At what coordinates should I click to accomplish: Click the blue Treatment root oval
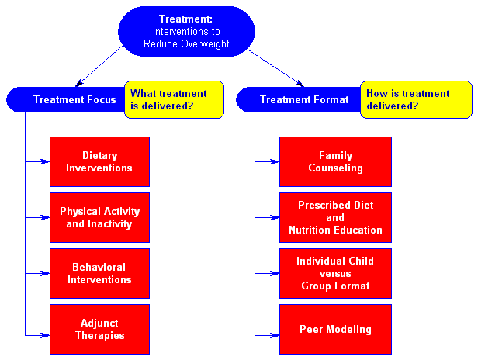coord(186,31)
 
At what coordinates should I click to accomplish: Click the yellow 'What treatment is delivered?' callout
coord(174,99)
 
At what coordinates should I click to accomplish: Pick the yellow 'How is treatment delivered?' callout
coord(416,99)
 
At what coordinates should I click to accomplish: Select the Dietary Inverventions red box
coord(99,161)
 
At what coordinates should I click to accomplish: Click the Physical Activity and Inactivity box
coord(99,218)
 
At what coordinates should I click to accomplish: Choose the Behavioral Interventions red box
coord(99,273)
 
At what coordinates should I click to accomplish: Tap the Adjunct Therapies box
coord(99,329)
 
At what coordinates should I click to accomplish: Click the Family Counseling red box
coord(335,161)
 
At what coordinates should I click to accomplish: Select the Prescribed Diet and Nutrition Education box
coord(335,218)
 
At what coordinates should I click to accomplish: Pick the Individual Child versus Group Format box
coord(335,273)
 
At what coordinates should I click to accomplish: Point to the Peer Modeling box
coord(335,329)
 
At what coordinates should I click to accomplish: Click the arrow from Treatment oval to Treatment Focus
coord(99,66)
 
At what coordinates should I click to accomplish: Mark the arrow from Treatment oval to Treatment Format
coord(276,68)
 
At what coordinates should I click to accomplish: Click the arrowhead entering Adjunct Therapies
coord(46,335)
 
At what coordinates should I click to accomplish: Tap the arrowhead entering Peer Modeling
coord(275,335)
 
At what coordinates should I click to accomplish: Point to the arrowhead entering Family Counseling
coord(275,161)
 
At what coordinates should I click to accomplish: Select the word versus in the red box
coord(335,273)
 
